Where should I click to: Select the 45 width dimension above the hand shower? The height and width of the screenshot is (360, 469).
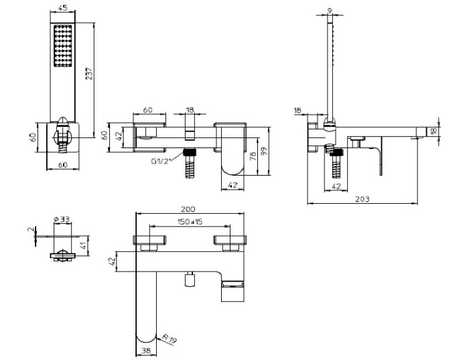62,9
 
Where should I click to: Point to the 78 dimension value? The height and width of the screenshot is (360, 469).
253,156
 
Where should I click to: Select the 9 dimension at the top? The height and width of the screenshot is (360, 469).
329,9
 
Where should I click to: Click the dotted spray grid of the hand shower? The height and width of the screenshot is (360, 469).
62,47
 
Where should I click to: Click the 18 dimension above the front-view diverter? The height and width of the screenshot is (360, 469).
190,109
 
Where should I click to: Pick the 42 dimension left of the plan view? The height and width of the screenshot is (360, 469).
111,262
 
